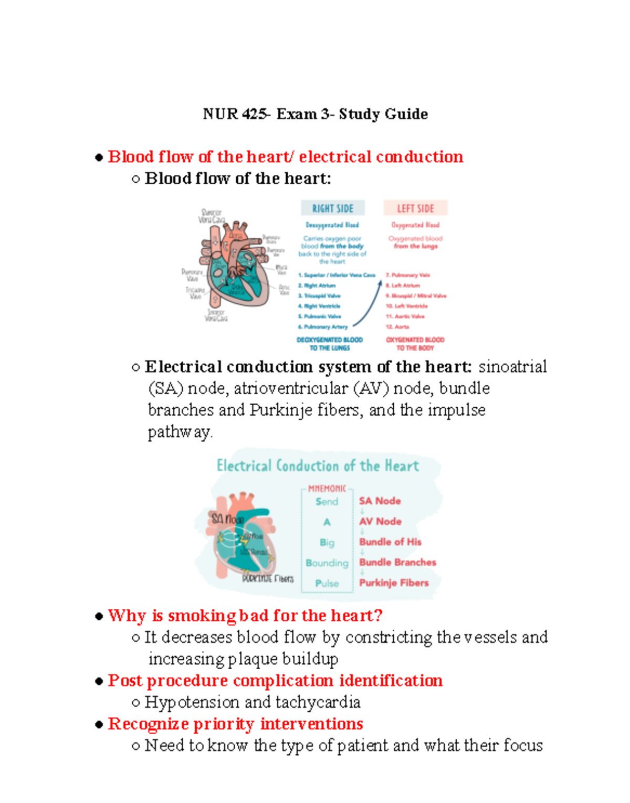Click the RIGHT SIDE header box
332,208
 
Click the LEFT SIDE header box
415,208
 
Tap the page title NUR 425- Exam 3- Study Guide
315,114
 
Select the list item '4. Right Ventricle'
319,306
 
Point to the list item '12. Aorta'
397,326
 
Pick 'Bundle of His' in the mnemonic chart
390,542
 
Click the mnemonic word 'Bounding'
327,563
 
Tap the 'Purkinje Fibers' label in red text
394,583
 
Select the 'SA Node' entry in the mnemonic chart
380,501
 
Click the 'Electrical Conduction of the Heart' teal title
318,466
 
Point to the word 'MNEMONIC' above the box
327,489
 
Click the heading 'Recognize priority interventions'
235,724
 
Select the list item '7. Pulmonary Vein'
408,275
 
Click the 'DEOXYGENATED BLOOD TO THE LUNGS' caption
330,344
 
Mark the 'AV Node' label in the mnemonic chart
380,521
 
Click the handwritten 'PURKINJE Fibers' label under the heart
268,578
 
